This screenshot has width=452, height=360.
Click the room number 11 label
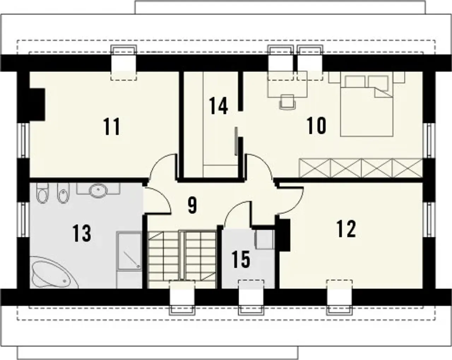point(112,126)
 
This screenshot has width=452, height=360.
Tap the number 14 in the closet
point(219,106)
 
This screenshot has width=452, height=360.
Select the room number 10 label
point(316,125)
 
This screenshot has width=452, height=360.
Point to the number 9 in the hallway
point(192,205)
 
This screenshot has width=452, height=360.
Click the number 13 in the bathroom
point(82,233)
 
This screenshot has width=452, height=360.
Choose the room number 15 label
point(241,259)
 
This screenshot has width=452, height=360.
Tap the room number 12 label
point(346,229)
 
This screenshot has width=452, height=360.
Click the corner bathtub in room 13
point(54,273)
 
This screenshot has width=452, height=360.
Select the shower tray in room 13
point(129,250)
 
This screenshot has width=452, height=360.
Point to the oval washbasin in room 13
point(98,191)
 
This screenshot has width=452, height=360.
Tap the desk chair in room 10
point(287,102)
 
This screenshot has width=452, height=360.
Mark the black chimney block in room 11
point(37,105)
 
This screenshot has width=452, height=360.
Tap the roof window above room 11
point(124,63)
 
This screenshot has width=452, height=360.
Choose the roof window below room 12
point(339,298)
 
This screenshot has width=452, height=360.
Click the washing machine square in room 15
point(264,240)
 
